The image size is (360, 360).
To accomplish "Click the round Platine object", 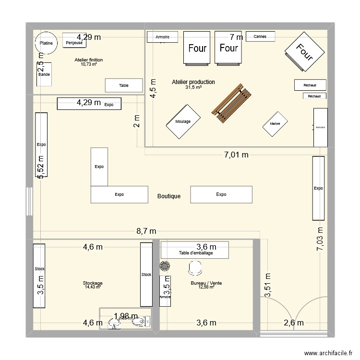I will (46, 43).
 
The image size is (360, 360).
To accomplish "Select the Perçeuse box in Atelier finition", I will (74, 43).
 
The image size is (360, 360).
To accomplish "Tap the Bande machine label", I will (44, 74).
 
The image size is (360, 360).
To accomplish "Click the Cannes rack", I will (260, 36).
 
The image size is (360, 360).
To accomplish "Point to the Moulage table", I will (183, 122).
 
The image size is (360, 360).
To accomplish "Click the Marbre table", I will (275, 124).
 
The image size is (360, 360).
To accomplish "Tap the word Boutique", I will (169, 196).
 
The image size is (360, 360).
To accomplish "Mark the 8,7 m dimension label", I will (146, 231).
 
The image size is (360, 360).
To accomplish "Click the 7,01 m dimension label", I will (237, 155).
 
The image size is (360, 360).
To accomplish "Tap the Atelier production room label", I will (193, 82).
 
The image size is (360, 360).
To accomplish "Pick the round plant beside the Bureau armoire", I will (165, 265).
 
